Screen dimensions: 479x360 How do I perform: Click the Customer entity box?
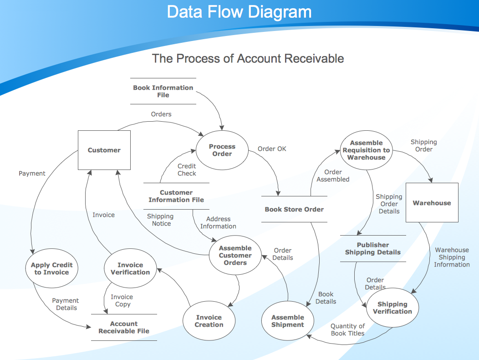104,150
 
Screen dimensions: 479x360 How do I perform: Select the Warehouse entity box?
432,202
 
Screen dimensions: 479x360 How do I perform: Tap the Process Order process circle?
222,150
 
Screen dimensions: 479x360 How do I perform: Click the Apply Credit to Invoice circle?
51,268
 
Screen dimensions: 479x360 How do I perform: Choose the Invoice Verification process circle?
130,268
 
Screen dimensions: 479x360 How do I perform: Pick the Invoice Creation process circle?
209,320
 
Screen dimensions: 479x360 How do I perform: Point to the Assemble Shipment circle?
287,320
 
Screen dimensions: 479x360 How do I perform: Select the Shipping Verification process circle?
392,308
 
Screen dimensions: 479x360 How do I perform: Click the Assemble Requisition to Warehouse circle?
366,150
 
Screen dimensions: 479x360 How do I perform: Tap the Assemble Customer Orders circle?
235,255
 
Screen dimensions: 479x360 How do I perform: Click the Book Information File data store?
163,91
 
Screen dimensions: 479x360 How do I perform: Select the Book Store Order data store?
294,209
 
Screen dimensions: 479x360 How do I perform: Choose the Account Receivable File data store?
124,327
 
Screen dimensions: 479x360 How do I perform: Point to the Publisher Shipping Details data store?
373,249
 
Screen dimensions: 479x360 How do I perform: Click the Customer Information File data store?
176,196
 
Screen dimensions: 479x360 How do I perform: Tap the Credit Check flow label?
187,170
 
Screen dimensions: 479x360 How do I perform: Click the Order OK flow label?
272,149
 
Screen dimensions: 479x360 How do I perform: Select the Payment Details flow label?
66,304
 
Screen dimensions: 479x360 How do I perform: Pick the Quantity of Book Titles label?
348,330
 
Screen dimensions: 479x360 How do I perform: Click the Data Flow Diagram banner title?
239,12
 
